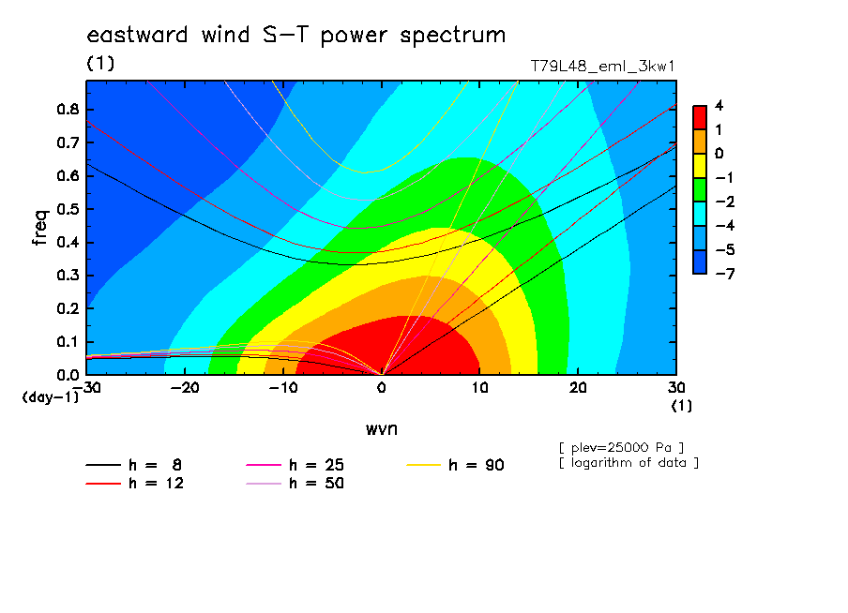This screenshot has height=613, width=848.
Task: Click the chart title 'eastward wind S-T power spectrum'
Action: [295, 35]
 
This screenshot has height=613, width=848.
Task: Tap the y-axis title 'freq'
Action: [40, 228]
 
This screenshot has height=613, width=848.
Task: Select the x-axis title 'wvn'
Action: [382, 429]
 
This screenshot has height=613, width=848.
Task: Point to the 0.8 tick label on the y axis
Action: [68, 109]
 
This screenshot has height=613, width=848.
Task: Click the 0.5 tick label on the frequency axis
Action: [68, 209]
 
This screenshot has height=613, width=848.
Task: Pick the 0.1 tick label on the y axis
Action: [68, 342]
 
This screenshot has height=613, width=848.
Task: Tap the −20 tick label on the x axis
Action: [185, 388]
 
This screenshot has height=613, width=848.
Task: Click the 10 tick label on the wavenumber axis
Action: [479, 388]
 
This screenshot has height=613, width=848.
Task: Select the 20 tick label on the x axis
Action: [578, 388]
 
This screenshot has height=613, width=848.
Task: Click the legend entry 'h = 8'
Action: [133, 465]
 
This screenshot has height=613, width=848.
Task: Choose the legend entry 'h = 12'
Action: [135, 484]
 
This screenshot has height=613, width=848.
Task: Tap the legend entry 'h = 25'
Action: [295, 465]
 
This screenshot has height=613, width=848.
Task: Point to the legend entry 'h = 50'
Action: [295, 484]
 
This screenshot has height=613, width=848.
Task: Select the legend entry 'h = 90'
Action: [455, 465]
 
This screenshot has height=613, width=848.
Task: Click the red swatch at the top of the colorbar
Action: [700, 118]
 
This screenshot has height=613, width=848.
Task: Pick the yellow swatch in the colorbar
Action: [700, 166]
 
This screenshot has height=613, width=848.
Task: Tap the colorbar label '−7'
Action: [725, 274]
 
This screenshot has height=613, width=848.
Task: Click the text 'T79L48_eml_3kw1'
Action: [602, 67]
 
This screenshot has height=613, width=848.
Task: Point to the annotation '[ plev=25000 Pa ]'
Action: [621, 448]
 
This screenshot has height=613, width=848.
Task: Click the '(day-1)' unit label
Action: [50, 397]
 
